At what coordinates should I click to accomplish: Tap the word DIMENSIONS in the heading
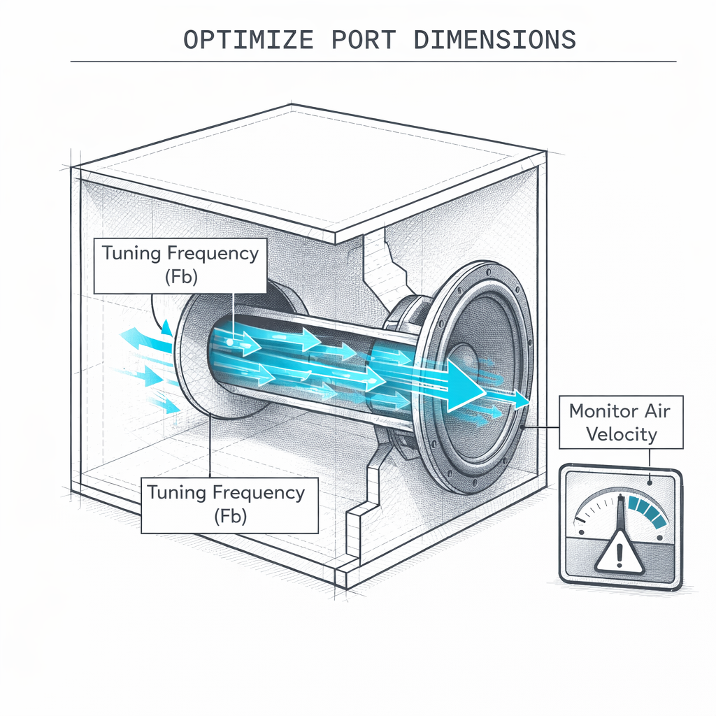(x=495, y=40)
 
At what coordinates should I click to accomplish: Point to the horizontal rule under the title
(x=373, y=62)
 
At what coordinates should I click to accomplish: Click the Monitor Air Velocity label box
(x=621, y=422)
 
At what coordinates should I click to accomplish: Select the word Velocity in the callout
(x=622, y=434)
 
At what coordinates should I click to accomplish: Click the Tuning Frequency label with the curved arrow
(x=180, y=264)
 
